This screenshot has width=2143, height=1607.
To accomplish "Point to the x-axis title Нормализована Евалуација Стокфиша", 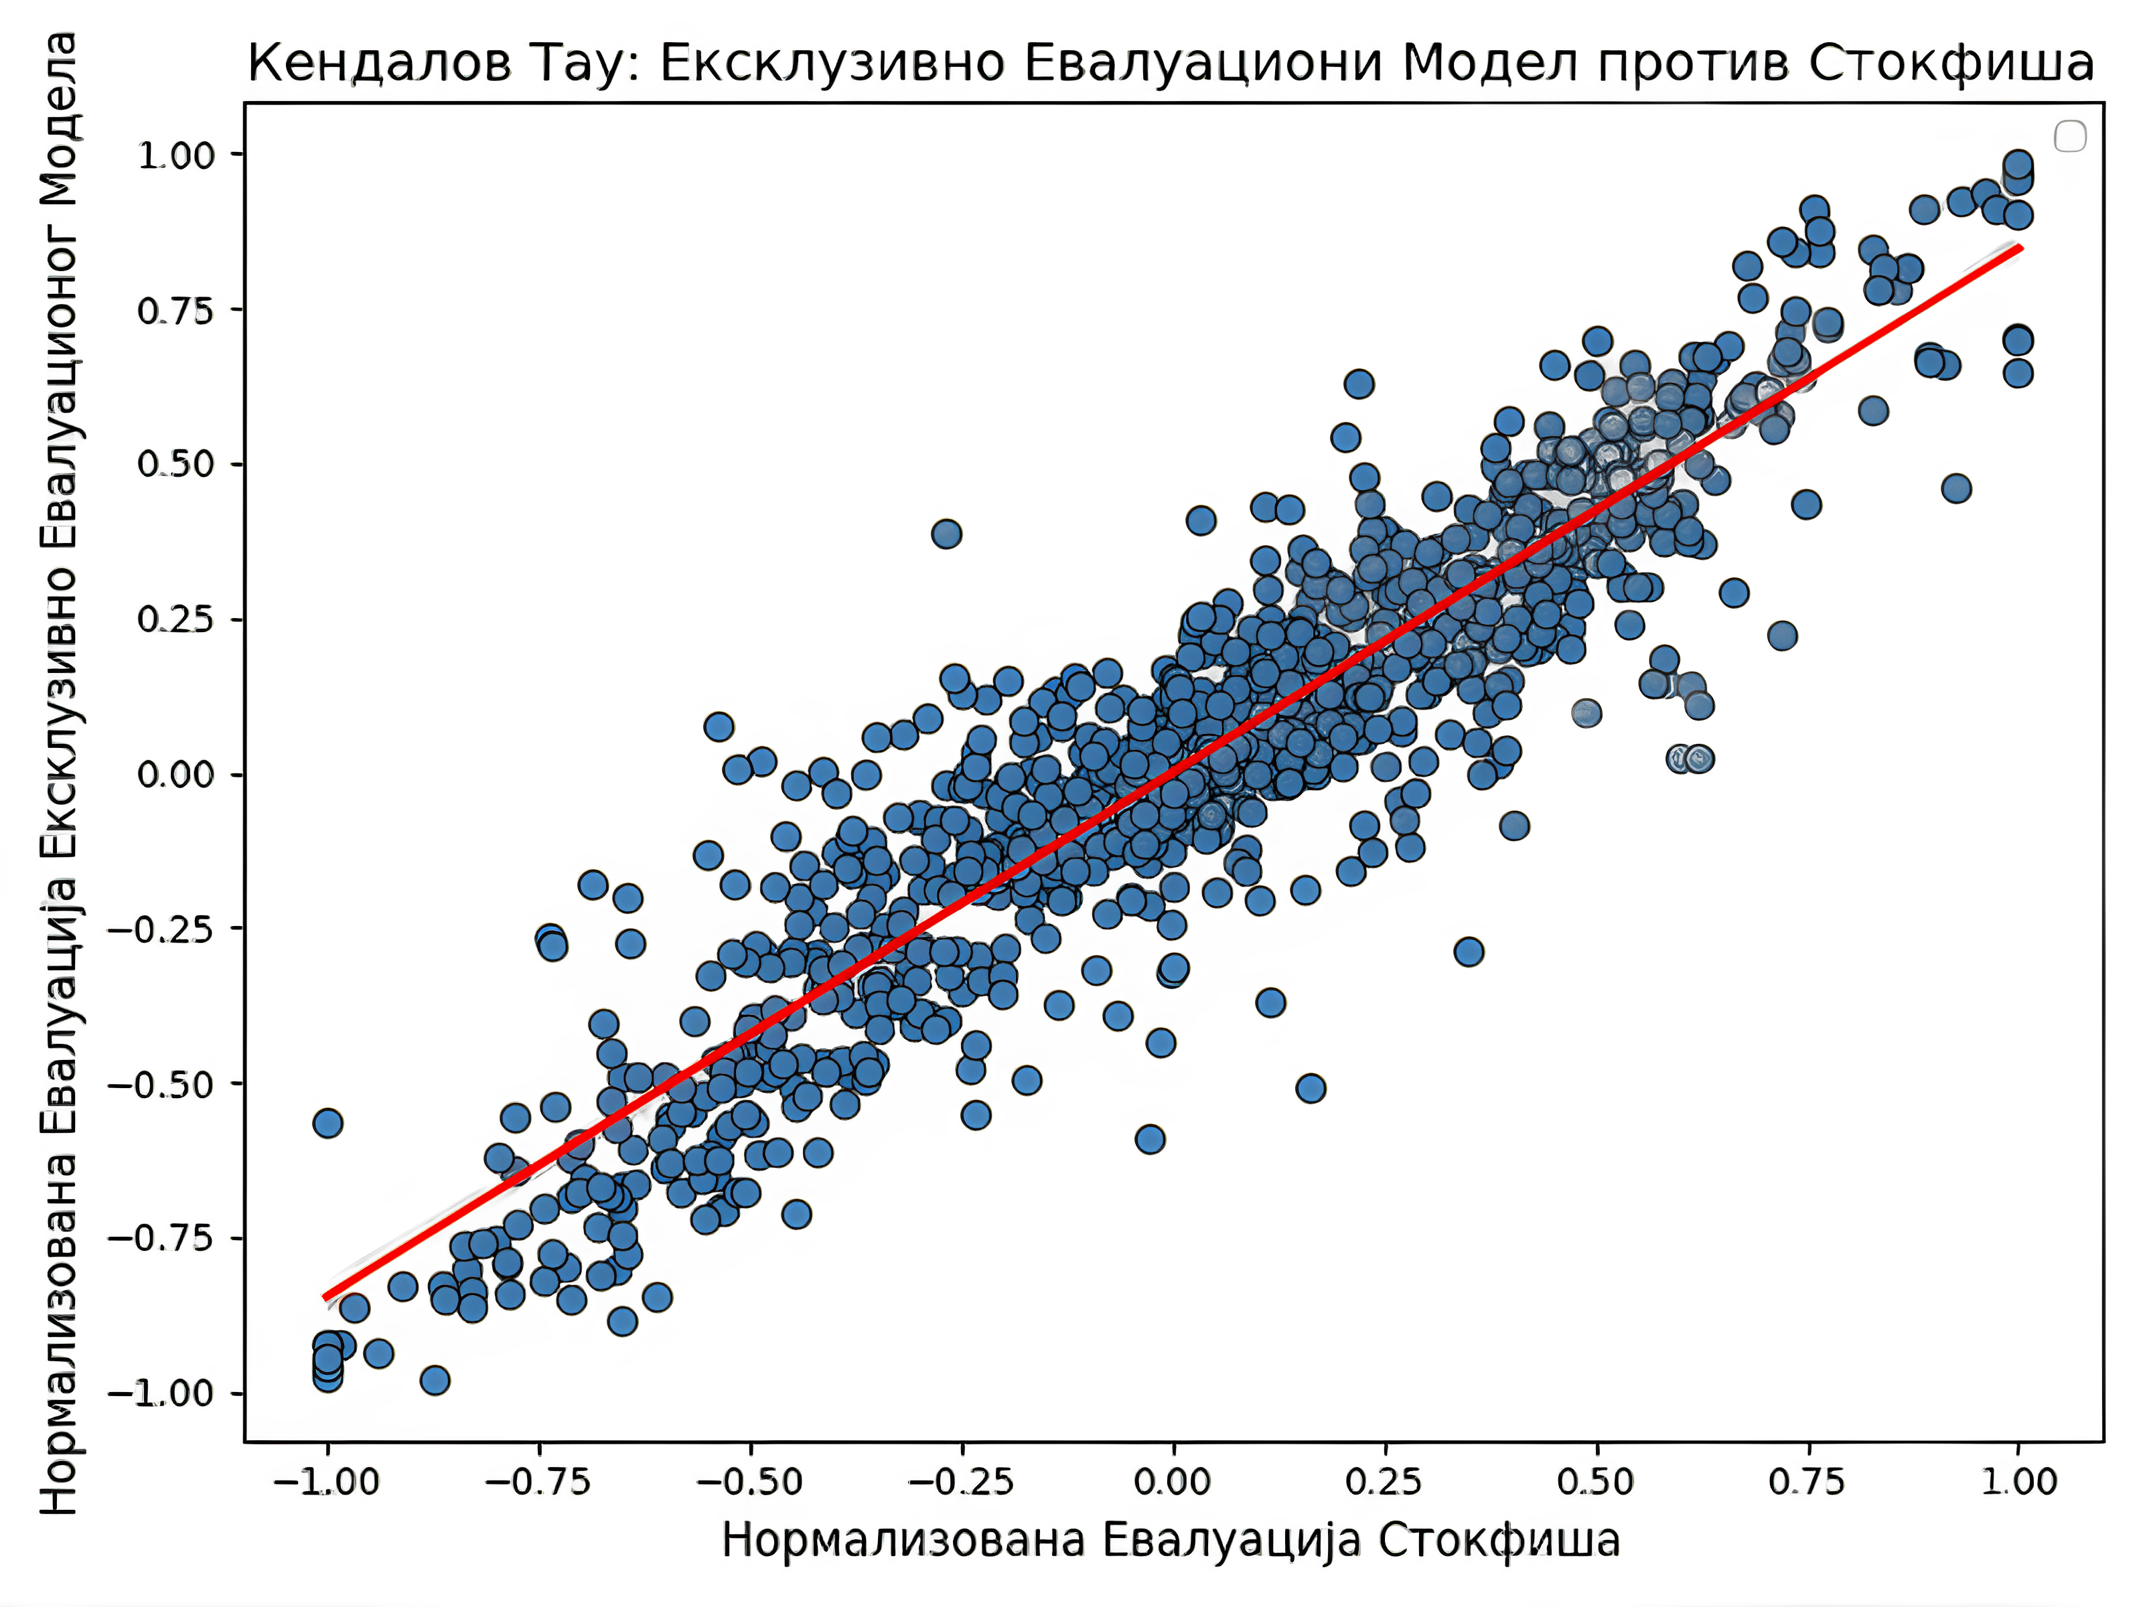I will coord(1171,1539).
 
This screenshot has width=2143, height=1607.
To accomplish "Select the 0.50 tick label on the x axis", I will coord(1596,1482).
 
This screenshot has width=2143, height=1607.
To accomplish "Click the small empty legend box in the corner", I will coord(2071,136).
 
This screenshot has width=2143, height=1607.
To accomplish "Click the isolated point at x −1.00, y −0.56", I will coord(327,1123).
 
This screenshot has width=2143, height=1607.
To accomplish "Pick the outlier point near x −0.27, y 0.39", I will coord(946,533).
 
